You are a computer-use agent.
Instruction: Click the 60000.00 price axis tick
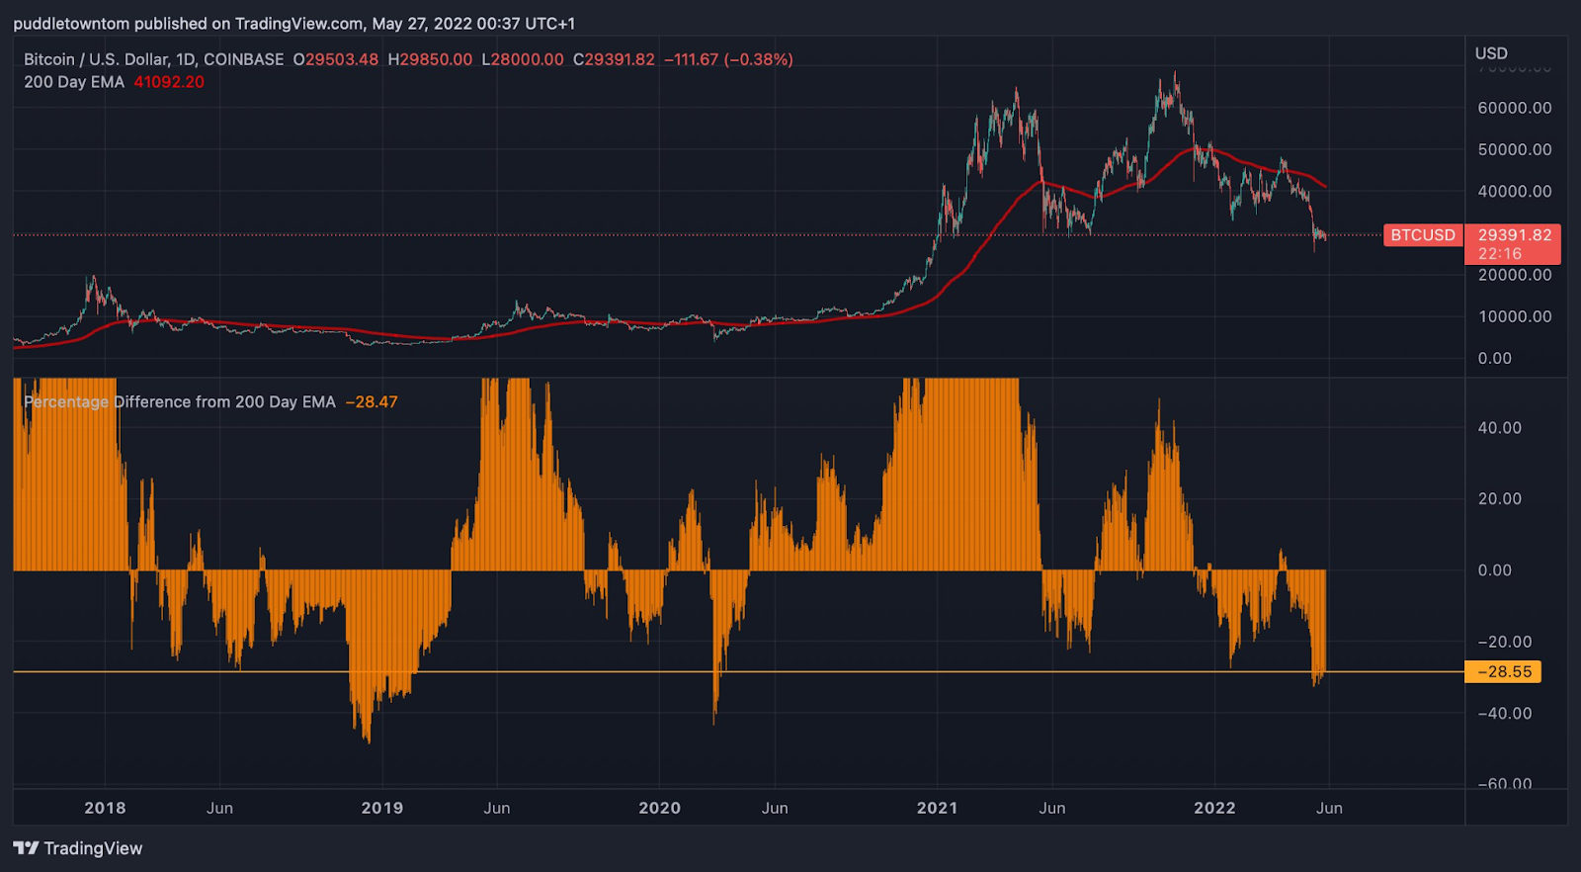pyautogui.click(x=1514, y=108)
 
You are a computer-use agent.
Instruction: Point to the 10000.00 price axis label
pyautogui.click(x=1514, y=316)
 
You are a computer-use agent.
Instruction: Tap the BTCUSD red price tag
pyautogui.click(x=1423, y=235)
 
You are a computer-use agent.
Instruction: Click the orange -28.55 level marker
pyautogui.click(x=1503, y=672)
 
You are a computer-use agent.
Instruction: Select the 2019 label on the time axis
pyautogui.click(x=382, y=808)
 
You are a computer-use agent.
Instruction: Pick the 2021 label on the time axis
pyautogui.click(x=937, y=808)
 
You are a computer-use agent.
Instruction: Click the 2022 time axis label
pyautogui.click(x=1214, y=808)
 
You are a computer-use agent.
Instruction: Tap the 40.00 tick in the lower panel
pyautogui.click(x=1499, y=428)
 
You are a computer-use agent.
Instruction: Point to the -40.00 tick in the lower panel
pyautogui.click(x=1503, y=713)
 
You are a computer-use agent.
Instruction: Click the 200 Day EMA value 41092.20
pyautogui.click(x=169, y=82)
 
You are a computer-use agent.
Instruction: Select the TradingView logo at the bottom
pyautogui.click(x=78, y=848)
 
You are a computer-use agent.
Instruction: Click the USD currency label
pyautogui.click(x=1491, y=53)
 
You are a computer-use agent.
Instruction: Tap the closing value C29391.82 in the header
pyautogui.click(x=614, y=59)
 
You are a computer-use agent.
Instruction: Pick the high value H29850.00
pyautogui.click(x=430, y=59)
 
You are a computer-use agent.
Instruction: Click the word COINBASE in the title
pyautogui.click(x=243, y=59)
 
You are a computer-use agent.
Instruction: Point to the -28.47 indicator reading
pyautogui.click(x=372, y=402)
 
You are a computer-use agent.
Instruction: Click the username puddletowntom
pyautogui.click(x=70, y=23)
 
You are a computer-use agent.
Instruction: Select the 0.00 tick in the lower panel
pyautogui.click(x=1494, y=570)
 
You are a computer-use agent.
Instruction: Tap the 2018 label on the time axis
pyautogui.click(x=105, y=808)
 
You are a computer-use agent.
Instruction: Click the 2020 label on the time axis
pyautogui.click(x=659, y=808)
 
